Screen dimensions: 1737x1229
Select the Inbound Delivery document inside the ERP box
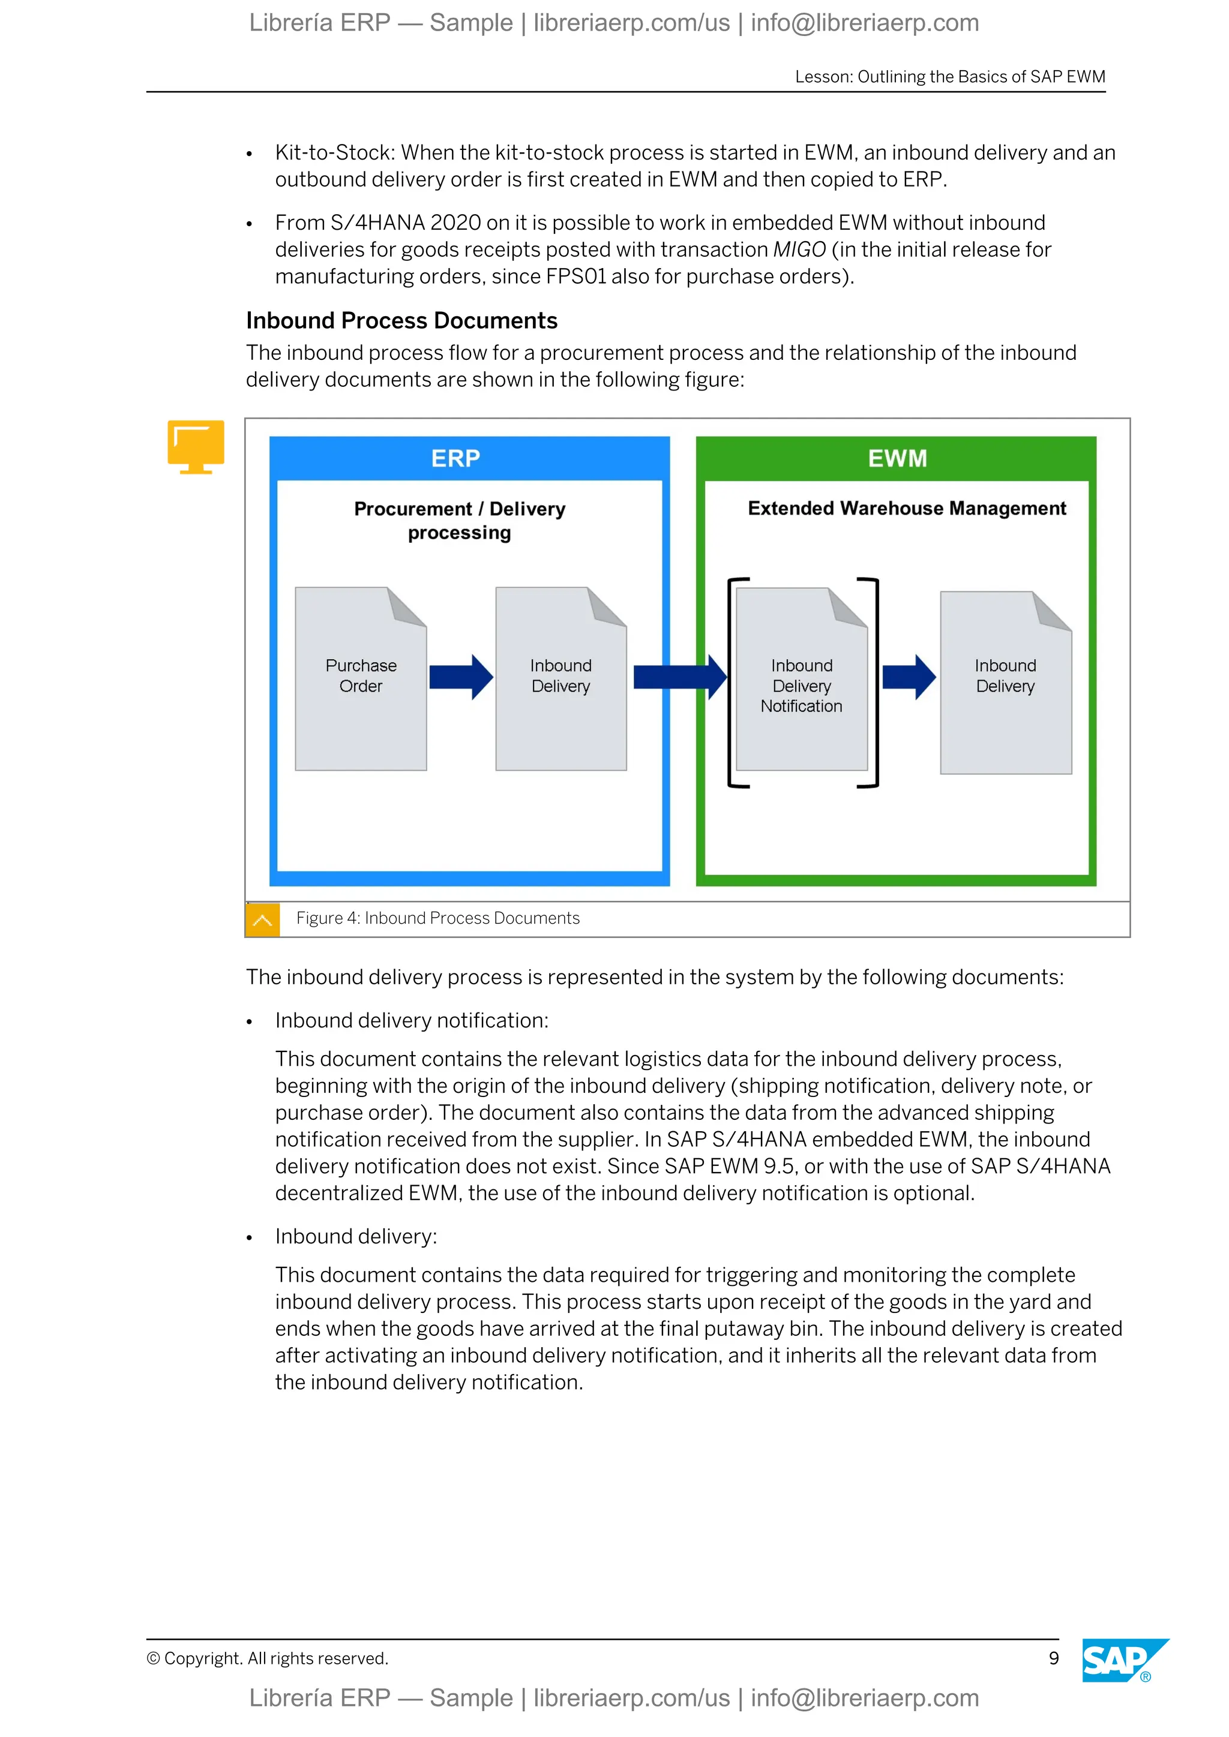pos(560,678)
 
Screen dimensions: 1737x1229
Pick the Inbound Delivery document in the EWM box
pos(1006,683)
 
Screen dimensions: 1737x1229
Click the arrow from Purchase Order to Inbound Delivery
pos(461,677)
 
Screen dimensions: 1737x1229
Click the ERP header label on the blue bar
pos(455,458)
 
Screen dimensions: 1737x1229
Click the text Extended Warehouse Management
pos(907,509)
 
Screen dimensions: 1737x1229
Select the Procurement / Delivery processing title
pos(459,521)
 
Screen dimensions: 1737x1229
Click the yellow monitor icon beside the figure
pos(196,446)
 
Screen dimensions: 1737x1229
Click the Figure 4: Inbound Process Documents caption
pos(437,918)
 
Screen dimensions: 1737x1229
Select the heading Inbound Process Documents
pos(402,321)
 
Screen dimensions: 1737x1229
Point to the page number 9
pos(1053,1658)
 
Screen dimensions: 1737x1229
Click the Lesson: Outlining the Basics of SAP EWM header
pos(950,76)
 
